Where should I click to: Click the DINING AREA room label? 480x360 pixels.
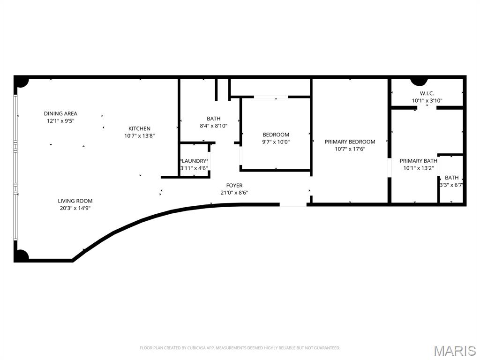pos(60,113)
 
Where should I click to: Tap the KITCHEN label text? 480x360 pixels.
pos(140,128)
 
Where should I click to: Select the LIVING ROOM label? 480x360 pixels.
pos(75,201)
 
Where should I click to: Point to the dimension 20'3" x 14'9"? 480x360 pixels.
pos(75,208)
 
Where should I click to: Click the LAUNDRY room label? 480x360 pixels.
pos(194,161)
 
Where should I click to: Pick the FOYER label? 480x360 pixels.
pos(234,186)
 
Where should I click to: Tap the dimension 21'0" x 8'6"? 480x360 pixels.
pos(234,193)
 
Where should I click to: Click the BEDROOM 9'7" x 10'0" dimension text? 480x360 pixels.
pos(276,142)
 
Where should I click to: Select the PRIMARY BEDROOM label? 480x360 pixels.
pos(350,142)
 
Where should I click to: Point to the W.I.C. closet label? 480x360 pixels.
pos(427,93)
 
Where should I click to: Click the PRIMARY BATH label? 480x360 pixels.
pos(418,161)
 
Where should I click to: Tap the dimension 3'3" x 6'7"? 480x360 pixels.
pos(451,185)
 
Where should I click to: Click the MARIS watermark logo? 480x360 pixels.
pos(454,351)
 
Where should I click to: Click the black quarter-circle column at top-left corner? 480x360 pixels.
pos(21,82)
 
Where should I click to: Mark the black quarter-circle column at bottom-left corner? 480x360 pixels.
pos(21,255)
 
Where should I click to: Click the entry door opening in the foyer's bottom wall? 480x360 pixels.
pos(293,204)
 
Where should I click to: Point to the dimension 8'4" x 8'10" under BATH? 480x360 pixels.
pos(213,126)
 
